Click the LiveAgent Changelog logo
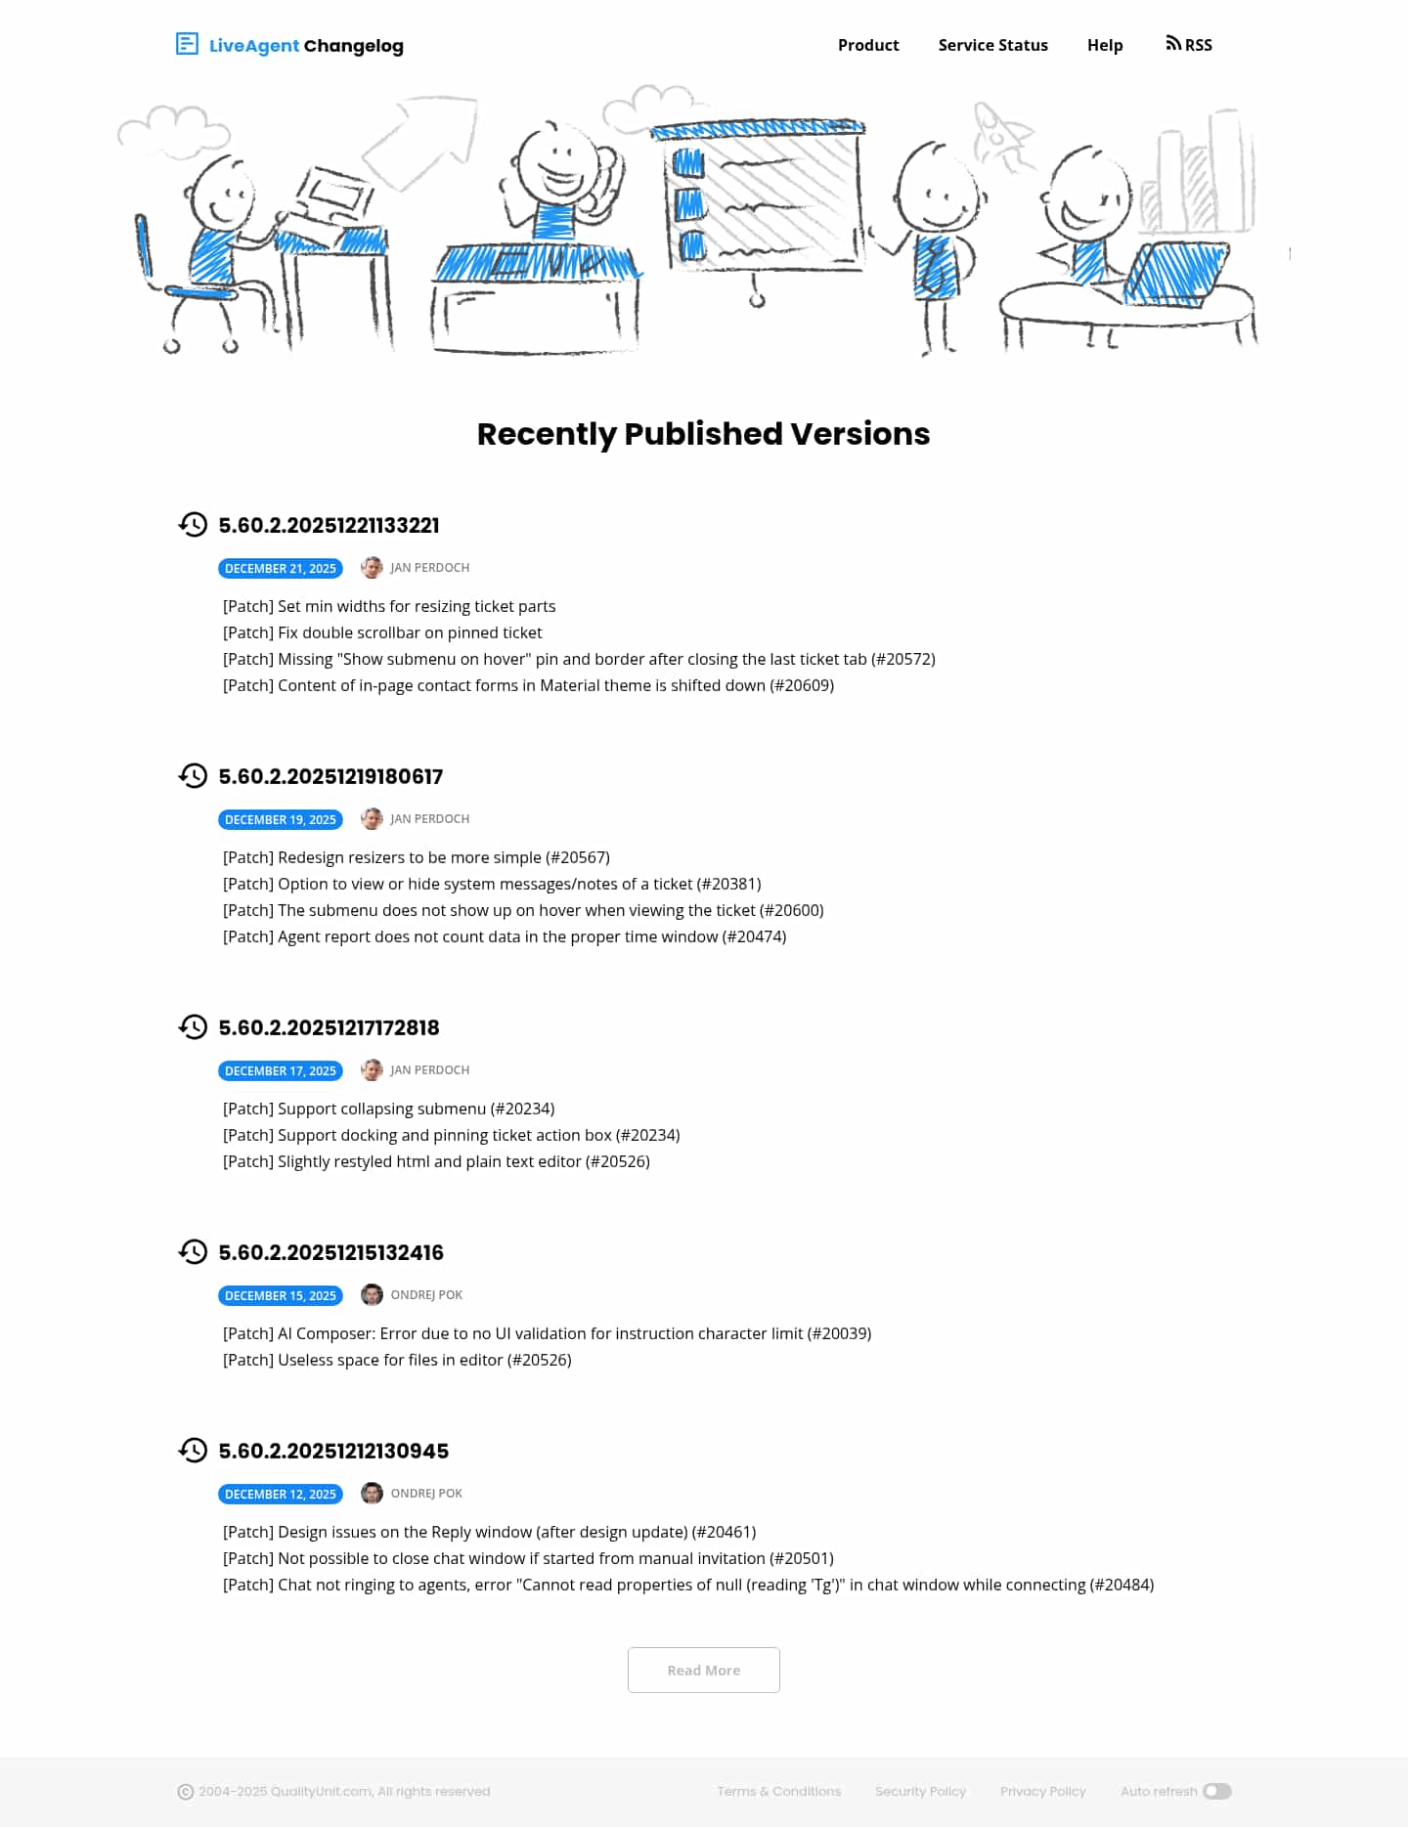[289, 45]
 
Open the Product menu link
[868, 45]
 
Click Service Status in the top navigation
[992, 45]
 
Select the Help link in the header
[1105, 45]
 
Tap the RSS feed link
[1189, 45]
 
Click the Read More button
[703, 1670]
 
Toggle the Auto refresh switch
[1216, 1791]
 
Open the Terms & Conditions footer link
[778, 1791]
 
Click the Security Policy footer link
[920, 1791]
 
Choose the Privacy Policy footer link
[1042, 1791]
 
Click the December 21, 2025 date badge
[281, 568]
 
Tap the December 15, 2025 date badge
[281, 1295]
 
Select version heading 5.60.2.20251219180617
[330, 776]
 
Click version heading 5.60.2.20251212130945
[333, 1451]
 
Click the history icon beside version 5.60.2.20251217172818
[193, 1026]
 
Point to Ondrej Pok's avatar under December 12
[372, 1493]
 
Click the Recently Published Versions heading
[703, 433]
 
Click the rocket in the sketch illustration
[1000, 134]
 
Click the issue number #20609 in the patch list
[802, 685]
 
